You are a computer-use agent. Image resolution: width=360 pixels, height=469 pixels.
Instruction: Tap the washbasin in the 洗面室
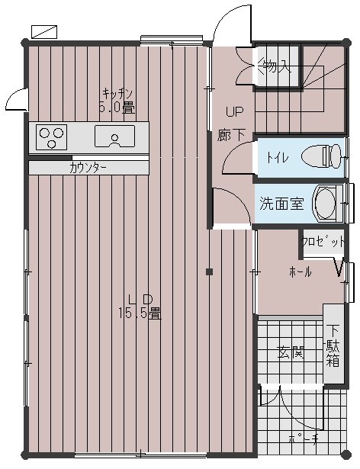point(327,203)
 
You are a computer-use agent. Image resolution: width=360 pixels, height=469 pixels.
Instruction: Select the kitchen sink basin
point(114,137)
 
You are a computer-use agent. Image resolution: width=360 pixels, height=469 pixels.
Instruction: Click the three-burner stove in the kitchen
point(51,137)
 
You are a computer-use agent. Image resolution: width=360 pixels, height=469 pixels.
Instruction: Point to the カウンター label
point(88,169)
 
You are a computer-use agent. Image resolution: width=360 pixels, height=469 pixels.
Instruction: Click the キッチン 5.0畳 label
point(117,101)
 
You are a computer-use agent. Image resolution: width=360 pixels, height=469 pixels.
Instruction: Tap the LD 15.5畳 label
point(140,307)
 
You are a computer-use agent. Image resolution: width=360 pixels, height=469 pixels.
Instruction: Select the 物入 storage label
point(275,67)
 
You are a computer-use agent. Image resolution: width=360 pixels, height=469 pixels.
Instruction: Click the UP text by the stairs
point(235,112)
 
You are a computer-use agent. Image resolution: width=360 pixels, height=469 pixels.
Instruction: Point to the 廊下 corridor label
point(231,134)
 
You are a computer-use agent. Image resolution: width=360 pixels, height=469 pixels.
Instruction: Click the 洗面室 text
point(281,204)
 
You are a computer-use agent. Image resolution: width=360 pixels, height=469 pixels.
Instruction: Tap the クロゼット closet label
point(323,241)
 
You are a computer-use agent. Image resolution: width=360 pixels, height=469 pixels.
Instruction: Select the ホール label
point(301,271)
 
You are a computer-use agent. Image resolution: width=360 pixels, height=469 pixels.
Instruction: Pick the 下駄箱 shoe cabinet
point(333,344)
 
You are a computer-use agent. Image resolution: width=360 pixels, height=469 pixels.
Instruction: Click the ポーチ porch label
point(304,438)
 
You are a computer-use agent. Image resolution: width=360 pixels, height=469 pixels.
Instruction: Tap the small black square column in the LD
point(209,271)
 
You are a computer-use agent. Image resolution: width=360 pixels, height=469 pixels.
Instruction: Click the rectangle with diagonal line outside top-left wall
point(44,32)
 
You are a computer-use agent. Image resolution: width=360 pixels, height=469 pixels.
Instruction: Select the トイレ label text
point(278,157)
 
